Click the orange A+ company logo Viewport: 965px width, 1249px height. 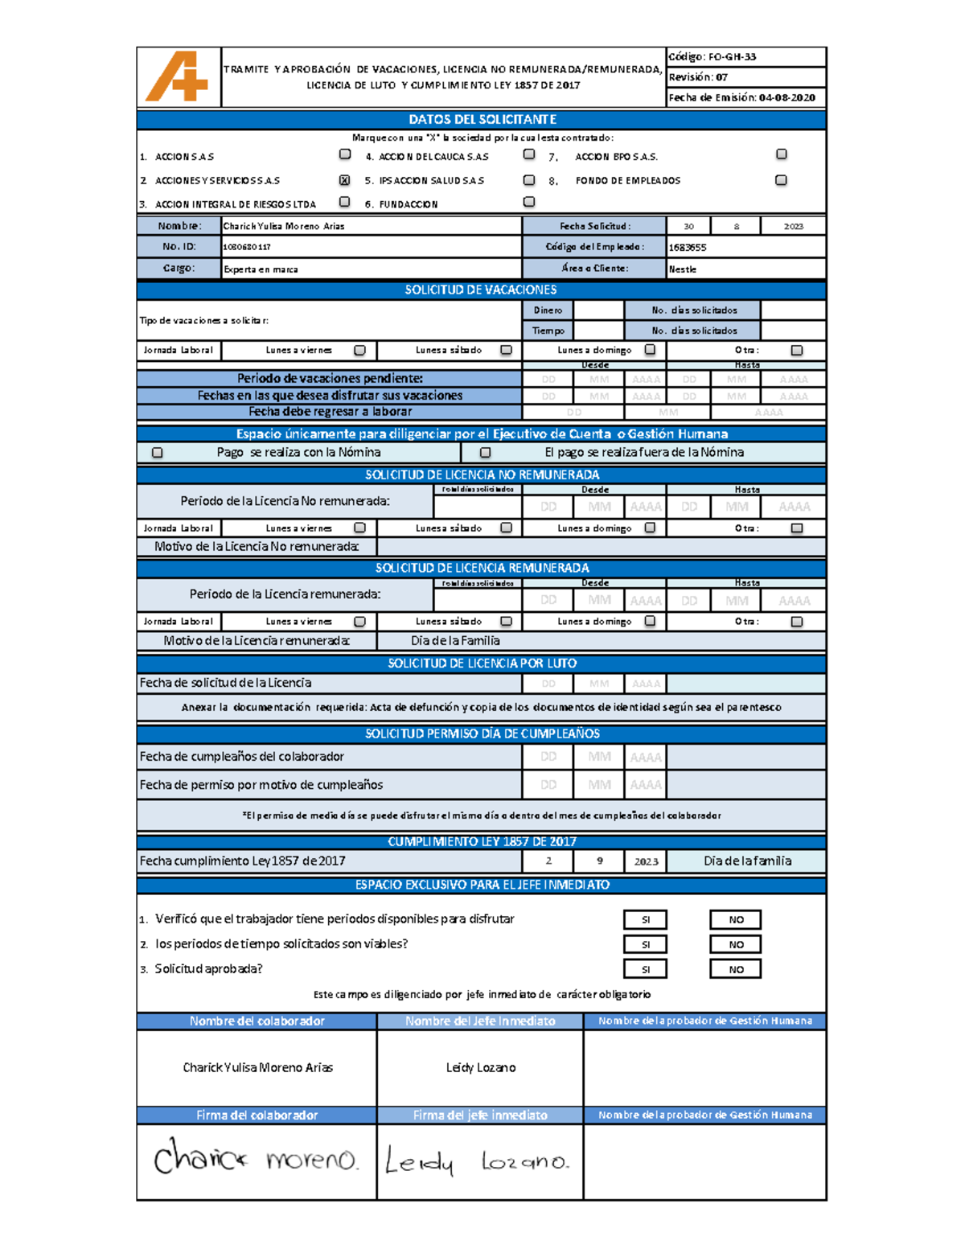[x=177, y=77]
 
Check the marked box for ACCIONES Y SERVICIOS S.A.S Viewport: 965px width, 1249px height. [x=344, y=180]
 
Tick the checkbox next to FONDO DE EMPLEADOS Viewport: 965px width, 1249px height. [x=781, y=180]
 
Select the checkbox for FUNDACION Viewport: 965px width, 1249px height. [x=528, y=202]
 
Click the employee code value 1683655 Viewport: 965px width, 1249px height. [x=688, y=248]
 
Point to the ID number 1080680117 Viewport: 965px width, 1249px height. [x=247, y=248]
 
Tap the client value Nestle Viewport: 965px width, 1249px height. [x=683, y=269]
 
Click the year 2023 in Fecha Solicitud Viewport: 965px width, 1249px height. [x=793, y=227]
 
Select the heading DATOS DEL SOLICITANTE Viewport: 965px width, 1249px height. [x=482, y=120]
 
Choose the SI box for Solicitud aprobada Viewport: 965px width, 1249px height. [x=645, y=969]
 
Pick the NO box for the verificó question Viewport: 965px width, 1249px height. [x=736, y=919]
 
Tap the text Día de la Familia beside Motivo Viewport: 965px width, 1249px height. [x=455, y=641]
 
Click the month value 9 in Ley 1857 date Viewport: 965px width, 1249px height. [x=599, y=861]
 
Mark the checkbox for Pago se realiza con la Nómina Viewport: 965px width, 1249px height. [x=158, y=453]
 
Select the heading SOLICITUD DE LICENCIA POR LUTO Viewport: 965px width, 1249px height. [x=482, y=664]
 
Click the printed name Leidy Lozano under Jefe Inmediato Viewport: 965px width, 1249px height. [x=481, y=1067]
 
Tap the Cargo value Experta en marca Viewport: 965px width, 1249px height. [x=261, y=269]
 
